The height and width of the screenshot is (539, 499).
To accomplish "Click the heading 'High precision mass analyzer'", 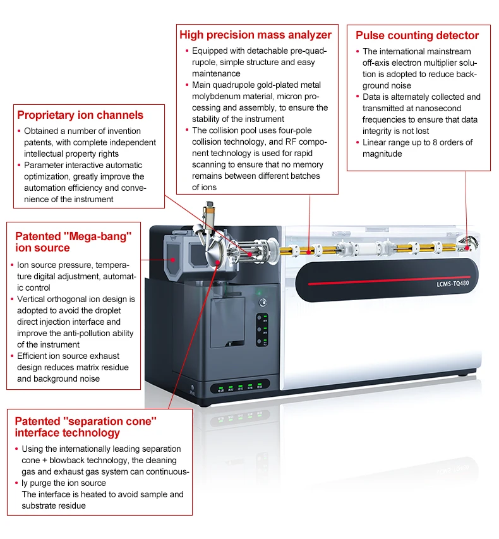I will point(255,35).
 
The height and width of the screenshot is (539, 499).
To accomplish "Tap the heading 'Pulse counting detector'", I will point(417,35).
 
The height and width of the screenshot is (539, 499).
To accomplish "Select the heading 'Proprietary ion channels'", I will point(80,115).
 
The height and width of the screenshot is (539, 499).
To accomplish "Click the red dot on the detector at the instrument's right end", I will point(468,247).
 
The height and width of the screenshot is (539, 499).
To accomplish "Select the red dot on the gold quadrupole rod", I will point(308,251).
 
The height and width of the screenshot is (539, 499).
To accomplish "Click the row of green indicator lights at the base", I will point(240,387).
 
